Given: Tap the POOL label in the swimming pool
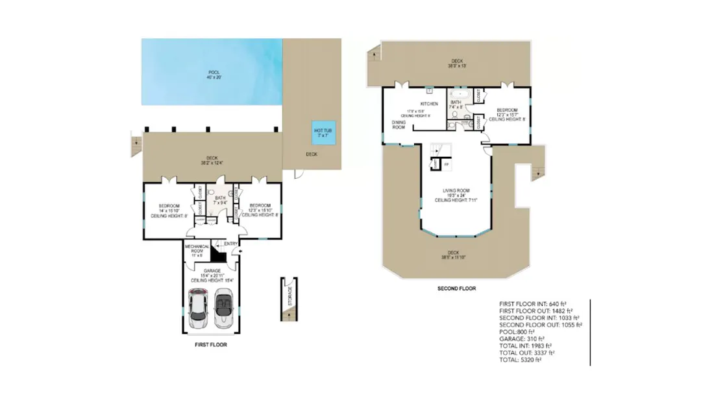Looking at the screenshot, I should [214, 72].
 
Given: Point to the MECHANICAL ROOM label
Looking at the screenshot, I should [197, 250].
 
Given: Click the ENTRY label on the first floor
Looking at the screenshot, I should [230, 244].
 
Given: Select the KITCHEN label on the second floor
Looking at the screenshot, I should [429, 104].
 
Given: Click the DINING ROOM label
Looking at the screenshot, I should [399, 124].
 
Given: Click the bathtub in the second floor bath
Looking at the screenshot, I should [460, 94].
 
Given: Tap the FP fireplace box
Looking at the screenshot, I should [446, 165].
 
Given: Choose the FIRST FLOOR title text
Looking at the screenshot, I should [211, 345].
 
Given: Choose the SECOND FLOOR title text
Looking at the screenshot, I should [457, 288].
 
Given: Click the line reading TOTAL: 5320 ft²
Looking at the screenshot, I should [520, 360].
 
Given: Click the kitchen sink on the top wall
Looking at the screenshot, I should [429, 90].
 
